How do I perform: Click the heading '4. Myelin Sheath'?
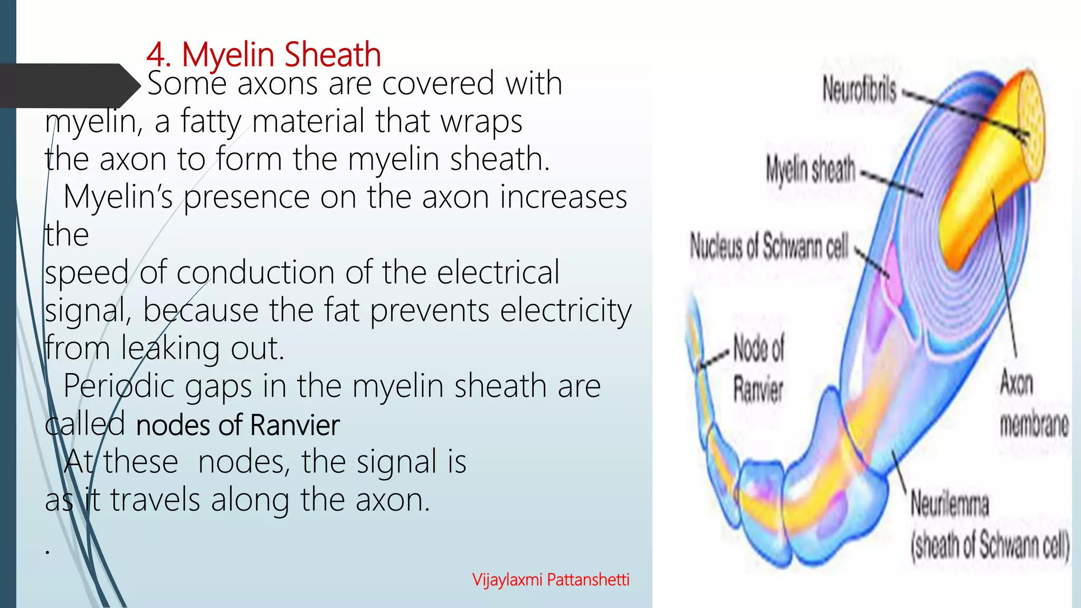click(x=263, y=54)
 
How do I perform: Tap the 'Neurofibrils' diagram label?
click(x=859, y=90)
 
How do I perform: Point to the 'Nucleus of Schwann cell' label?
click(x=769, y=246)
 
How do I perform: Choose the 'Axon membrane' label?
click(x=1033, y=404)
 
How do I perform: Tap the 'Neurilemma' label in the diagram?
click(x=949, y=503)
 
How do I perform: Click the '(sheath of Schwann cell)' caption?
click(x=990, y=545)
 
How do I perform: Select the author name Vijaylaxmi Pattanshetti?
click(x=551, y=579)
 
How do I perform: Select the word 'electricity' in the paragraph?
click(x=565, y=310)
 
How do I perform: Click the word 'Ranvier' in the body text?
click(x=295, y=425)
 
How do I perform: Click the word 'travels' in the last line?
click(x=155, y=500)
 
